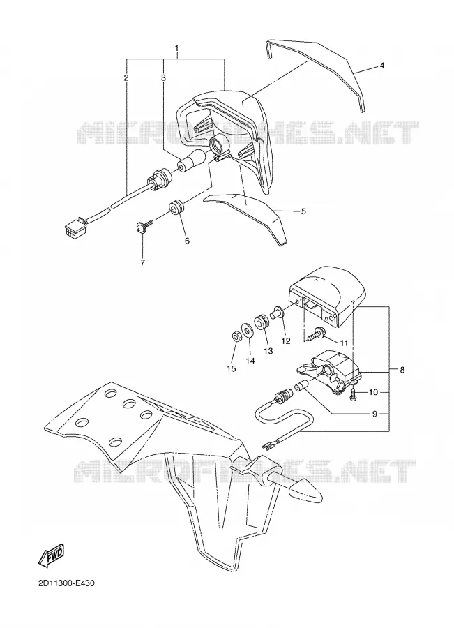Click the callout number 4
pos(382,66)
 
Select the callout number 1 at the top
pos(176,49)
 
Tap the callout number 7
pos(142,263)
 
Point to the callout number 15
pos(232,368)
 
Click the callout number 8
pos(402,370)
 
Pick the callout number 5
pos(303,211)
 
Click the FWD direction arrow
pos(51,555)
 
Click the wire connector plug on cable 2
pos(72,229)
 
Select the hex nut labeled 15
pos(236,336)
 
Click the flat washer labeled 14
pos(247,331)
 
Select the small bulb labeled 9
pos(301,387)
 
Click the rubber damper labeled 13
pos(262,322)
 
